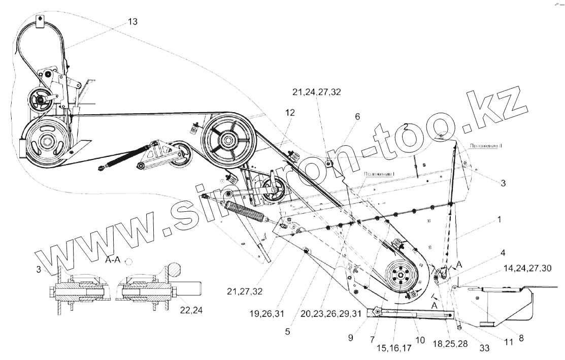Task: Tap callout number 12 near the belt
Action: tap(289, 114)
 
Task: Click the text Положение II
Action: tap(486, 145)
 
